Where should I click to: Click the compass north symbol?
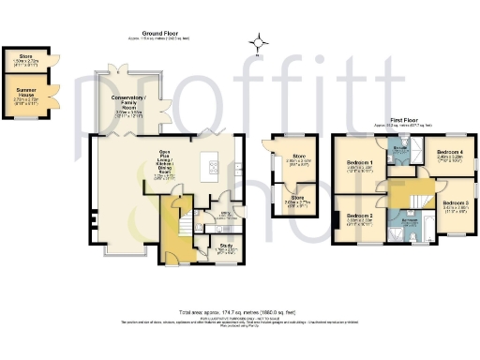coord(259,41)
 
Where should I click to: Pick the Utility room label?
coord(223,214)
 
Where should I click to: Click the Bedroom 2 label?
coord(359,217)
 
